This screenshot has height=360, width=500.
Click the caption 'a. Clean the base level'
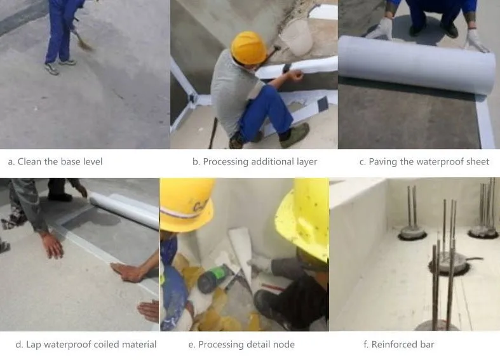click(x=55, y=161)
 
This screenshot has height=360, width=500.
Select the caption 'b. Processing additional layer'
click(x=255, y=161)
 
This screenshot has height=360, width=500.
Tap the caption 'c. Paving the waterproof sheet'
click(x=424, y=161)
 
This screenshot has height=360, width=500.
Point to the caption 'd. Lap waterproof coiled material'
click(x=86, y=344)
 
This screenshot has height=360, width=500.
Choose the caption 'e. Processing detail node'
click(x=241, y=344)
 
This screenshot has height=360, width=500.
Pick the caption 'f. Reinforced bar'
click(x=398, y=344)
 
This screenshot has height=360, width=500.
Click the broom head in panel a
click(x=85, y=44)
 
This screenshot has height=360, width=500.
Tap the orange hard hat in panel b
click(x=248, y=47)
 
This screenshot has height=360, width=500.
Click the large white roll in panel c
click(x=416, y=63)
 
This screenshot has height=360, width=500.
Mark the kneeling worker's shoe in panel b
click(x=294, y=136)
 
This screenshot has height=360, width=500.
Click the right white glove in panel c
click(x=476, y=41)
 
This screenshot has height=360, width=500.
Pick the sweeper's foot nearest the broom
click(x=67, y=62)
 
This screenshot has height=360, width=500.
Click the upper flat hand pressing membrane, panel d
click(x=53, y=245)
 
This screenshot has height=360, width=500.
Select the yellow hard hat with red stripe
click(x=187, y=204)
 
